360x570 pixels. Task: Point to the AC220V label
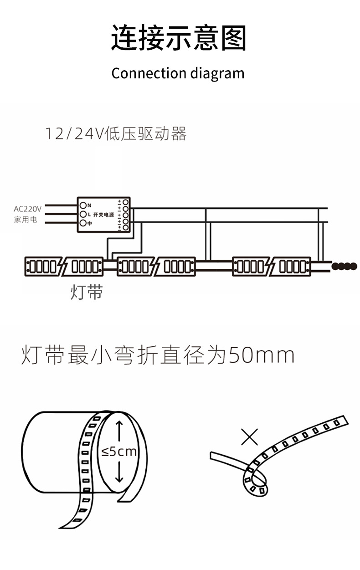coord(27,209)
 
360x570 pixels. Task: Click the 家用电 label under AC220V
coord(26,220)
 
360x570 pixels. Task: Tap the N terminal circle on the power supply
coord(83,205)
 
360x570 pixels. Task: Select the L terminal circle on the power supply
coord(83,214)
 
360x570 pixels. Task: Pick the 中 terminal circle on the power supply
coord(83,223)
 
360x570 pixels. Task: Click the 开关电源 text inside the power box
coord(103,215)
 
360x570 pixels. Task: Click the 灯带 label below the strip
coord(87,292)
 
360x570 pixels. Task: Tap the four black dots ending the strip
coord(344,266)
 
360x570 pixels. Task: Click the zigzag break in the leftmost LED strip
coord(64,267)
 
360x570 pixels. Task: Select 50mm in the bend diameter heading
coord(261,356)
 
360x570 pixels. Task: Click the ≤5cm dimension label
coord(119,452)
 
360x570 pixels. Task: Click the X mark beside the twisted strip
coord(249,436)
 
